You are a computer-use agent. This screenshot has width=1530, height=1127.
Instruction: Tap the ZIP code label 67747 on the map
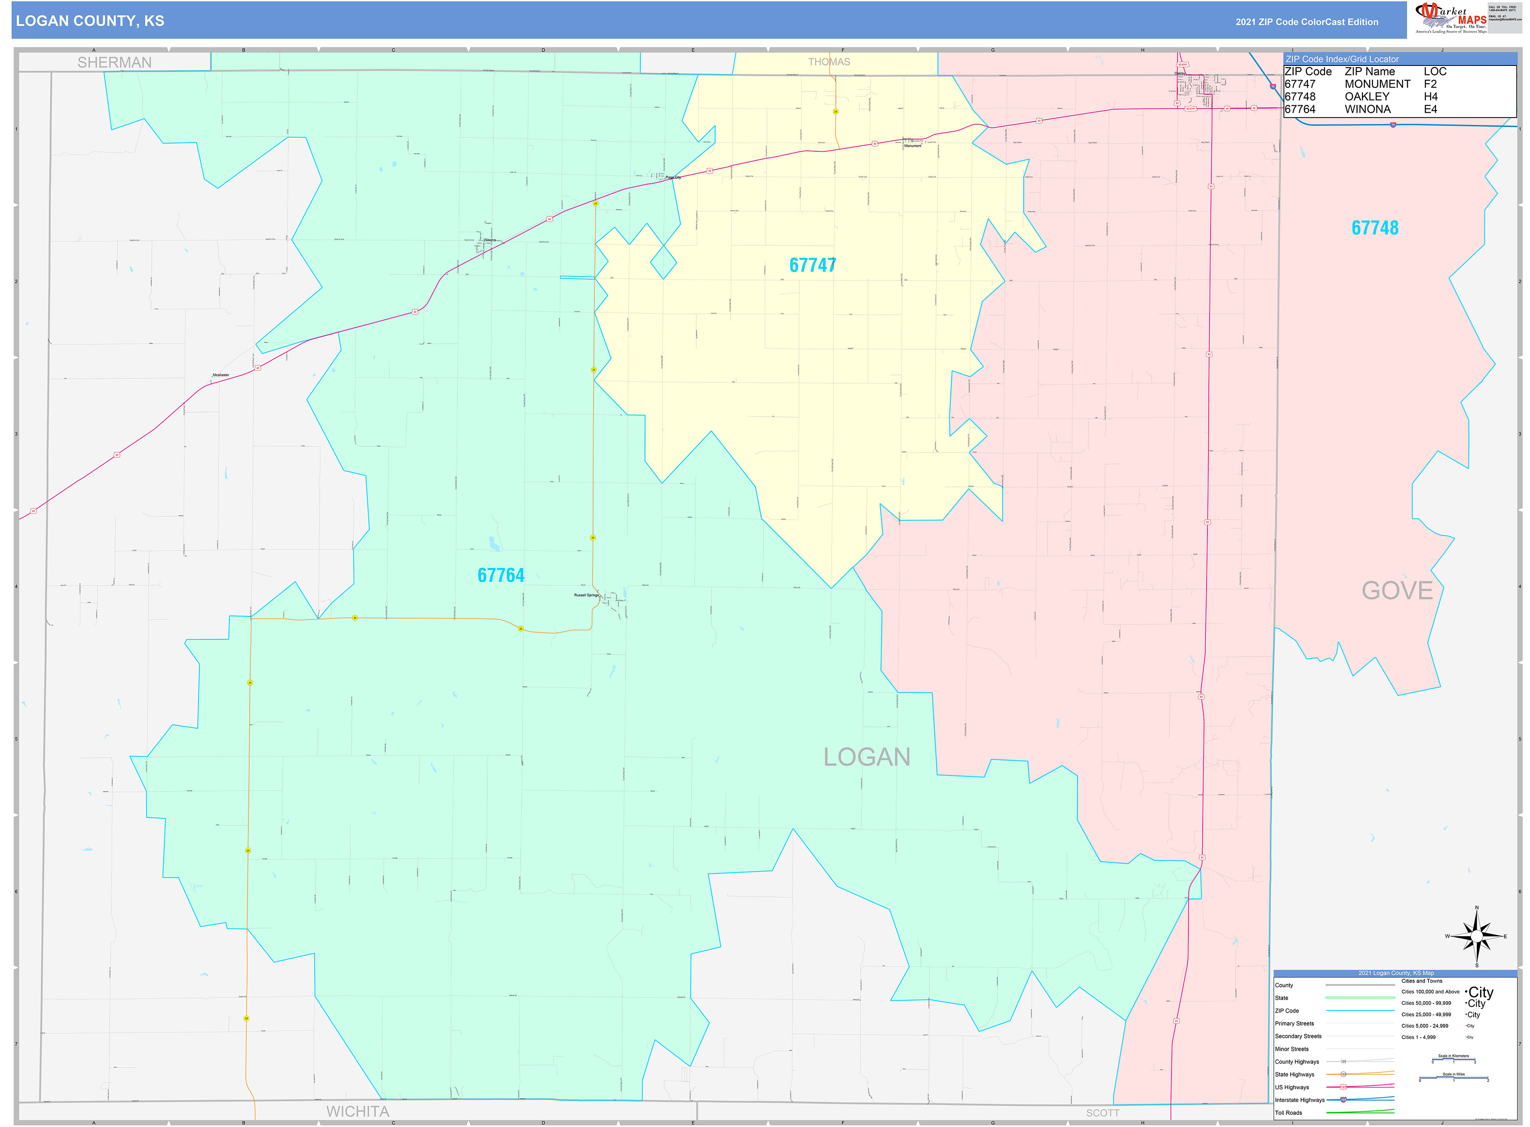[812, 265]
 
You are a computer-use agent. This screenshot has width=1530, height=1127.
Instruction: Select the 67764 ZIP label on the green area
[501, 575]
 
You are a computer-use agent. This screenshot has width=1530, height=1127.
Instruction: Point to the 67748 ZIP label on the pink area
[1374, 228]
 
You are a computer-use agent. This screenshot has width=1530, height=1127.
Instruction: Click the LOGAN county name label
[866, 756]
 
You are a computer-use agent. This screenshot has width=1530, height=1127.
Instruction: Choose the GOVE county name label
[1397, 590]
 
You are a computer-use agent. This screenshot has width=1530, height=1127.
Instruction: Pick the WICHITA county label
[358, 1111]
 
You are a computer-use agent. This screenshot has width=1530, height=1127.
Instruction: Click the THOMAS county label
[829, 62]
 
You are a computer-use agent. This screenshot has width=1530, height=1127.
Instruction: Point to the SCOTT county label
[1102, 1113]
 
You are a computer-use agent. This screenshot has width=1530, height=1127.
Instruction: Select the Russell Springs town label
[586, 595]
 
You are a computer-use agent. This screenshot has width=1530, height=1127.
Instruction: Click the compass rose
[1476, 936]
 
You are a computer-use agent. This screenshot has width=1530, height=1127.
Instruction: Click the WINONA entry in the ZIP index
[1367, 109]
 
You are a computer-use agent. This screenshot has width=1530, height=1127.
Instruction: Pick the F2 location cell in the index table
[1430, 84]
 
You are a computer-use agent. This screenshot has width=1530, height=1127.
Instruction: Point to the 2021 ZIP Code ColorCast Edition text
[1306, 22]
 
